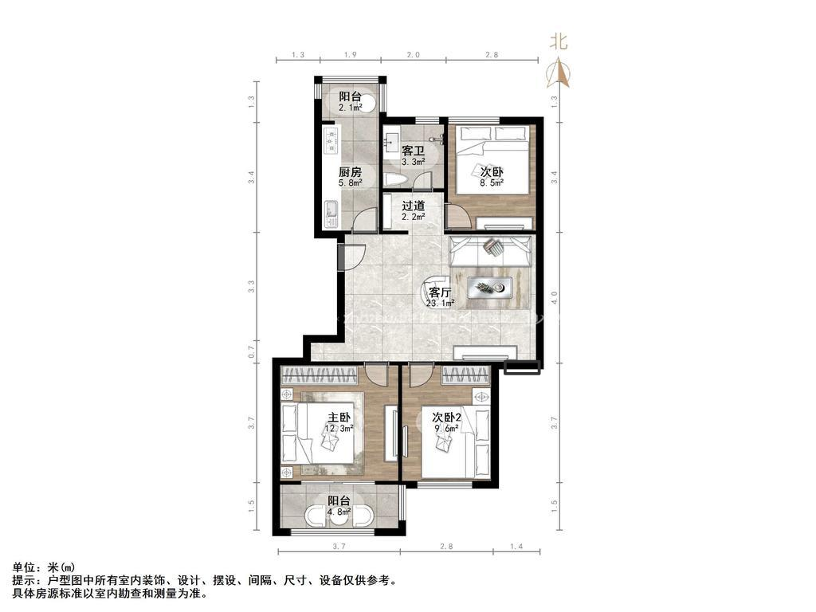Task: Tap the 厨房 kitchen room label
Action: pos(350,172)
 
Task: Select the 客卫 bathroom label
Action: pos(412,151)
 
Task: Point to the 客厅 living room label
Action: pos(440,292)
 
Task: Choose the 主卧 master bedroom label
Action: pos(339,418)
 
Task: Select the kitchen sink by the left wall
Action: pos(331,213)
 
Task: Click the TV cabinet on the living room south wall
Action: pos(487,351)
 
